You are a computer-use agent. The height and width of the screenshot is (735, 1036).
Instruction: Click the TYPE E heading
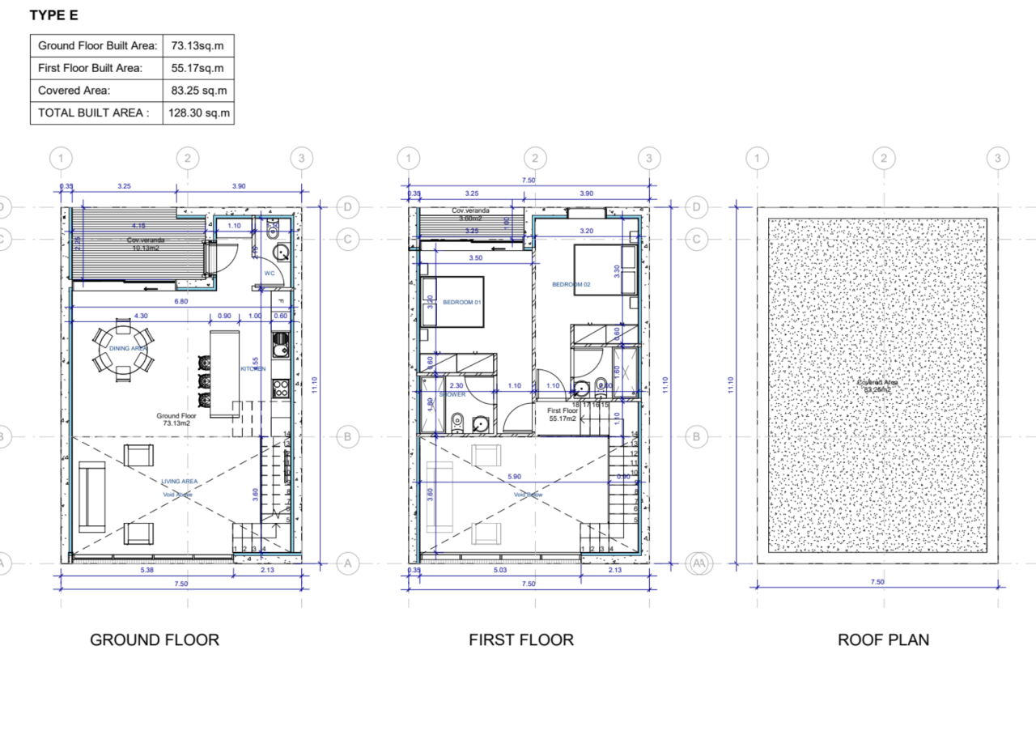coord(54,15)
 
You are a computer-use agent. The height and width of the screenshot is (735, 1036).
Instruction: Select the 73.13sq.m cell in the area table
coord(197,45)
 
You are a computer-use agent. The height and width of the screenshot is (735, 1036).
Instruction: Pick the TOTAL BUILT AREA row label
coord(94,113)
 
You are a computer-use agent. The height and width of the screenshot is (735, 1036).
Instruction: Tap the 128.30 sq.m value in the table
coord(198,113)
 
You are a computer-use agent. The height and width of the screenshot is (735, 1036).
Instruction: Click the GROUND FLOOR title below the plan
coord(155,639)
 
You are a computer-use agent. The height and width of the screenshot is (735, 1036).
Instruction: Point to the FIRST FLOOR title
coord(521,639)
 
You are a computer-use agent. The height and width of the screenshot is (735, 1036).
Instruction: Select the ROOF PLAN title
coord(883,639)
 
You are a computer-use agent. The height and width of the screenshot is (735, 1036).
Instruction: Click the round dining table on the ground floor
coord(122,349)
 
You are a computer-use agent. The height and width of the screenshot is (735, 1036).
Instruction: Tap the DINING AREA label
coord(128,348)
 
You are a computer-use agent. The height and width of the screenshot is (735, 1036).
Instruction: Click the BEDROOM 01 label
coord(462,302)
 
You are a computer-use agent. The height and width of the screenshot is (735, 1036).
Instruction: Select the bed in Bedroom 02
coord(600,271)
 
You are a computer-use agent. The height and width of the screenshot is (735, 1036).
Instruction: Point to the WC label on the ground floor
coord(270,273)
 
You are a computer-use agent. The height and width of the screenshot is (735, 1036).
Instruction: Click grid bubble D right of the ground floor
coord(347,207)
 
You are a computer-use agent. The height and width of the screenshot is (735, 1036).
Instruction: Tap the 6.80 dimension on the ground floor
coord(181,301)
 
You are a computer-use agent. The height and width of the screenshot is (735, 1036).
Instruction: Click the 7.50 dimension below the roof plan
coord(877,582)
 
